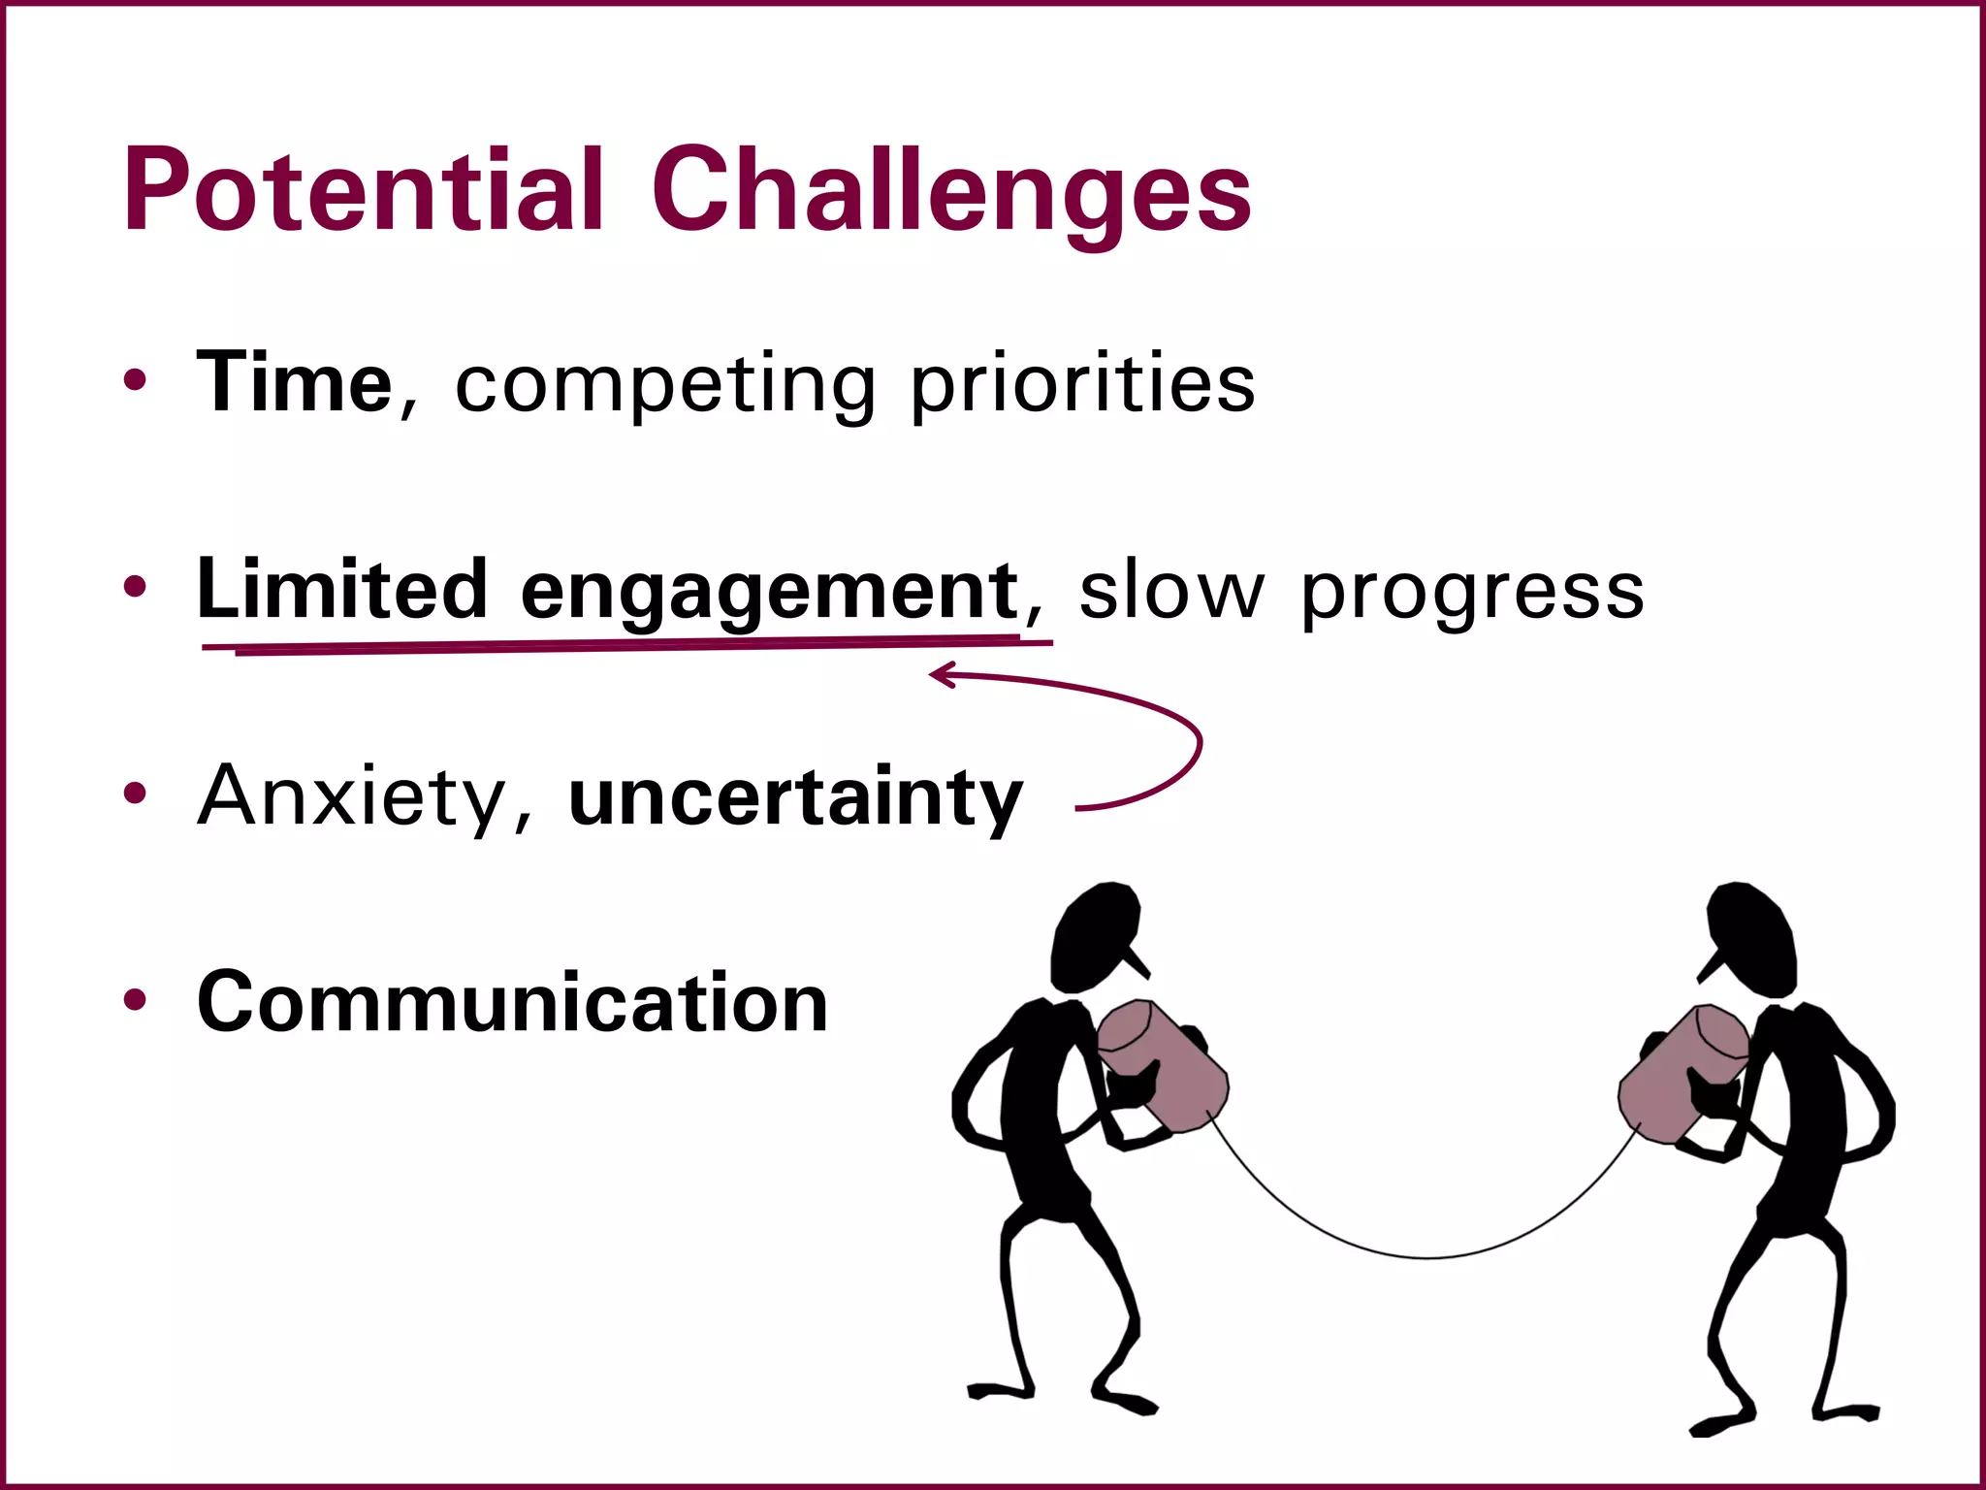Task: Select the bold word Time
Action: [x=294, y=382]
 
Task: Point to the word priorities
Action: [x=1082, y=386]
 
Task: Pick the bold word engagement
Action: [x=769, y=592]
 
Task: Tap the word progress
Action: [x=1472, y=593]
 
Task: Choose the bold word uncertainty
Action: [x=795, y=797]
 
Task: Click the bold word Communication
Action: [x=512, y=1002]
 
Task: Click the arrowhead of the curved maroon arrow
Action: [x=937, y=674]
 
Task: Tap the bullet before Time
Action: [x=136, y=381]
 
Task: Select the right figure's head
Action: [x=1751, y=933]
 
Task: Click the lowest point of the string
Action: [x=1427, y=1257]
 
